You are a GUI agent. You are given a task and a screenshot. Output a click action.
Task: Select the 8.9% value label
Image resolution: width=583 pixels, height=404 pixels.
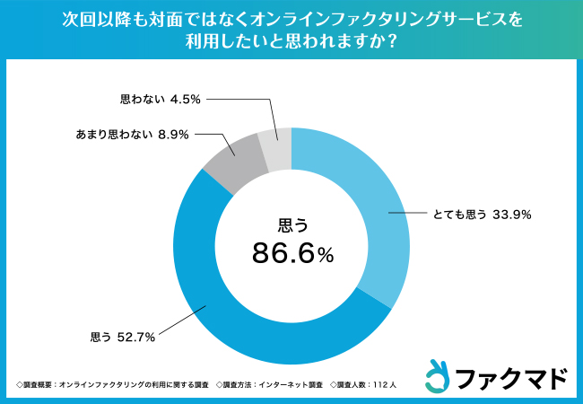click(172, 134)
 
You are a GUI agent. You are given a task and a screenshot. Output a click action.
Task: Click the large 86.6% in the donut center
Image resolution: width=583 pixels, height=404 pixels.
click(292, 254)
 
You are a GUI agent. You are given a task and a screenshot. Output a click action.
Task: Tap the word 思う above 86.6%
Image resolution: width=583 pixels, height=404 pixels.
click(291, 224)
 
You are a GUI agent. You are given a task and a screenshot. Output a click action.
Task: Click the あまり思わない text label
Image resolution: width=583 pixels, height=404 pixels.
click(113, 134)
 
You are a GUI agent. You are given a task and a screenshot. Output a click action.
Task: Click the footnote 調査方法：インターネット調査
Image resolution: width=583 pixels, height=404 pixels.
click(270, 384)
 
